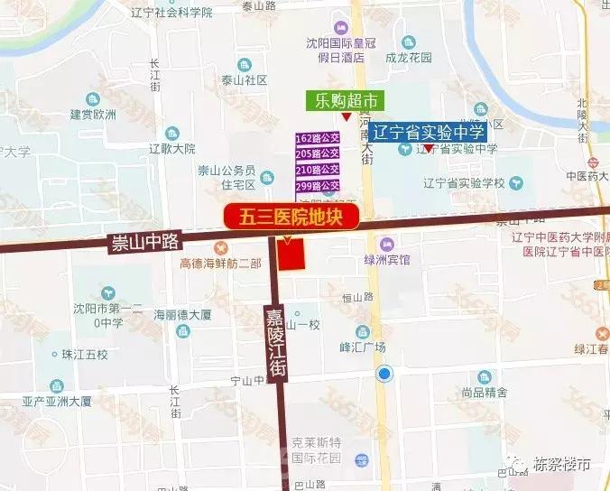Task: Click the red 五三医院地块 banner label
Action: [x=291, y=217]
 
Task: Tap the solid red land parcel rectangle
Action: [x=291, y=255]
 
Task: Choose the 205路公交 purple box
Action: [x=317, y=154]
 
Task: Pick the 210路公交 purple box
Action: [x=317, y=170]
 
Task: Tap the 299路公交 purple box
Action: [x=317, y=185]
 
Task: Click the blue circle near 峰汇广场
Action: [x=385, y=374]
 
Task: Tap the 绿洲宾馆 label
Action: [x=387, y=260]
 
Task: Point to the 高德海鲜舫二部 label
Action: [x=220, y=264]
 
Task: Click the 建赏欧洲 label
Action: [x=93, y=115]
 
